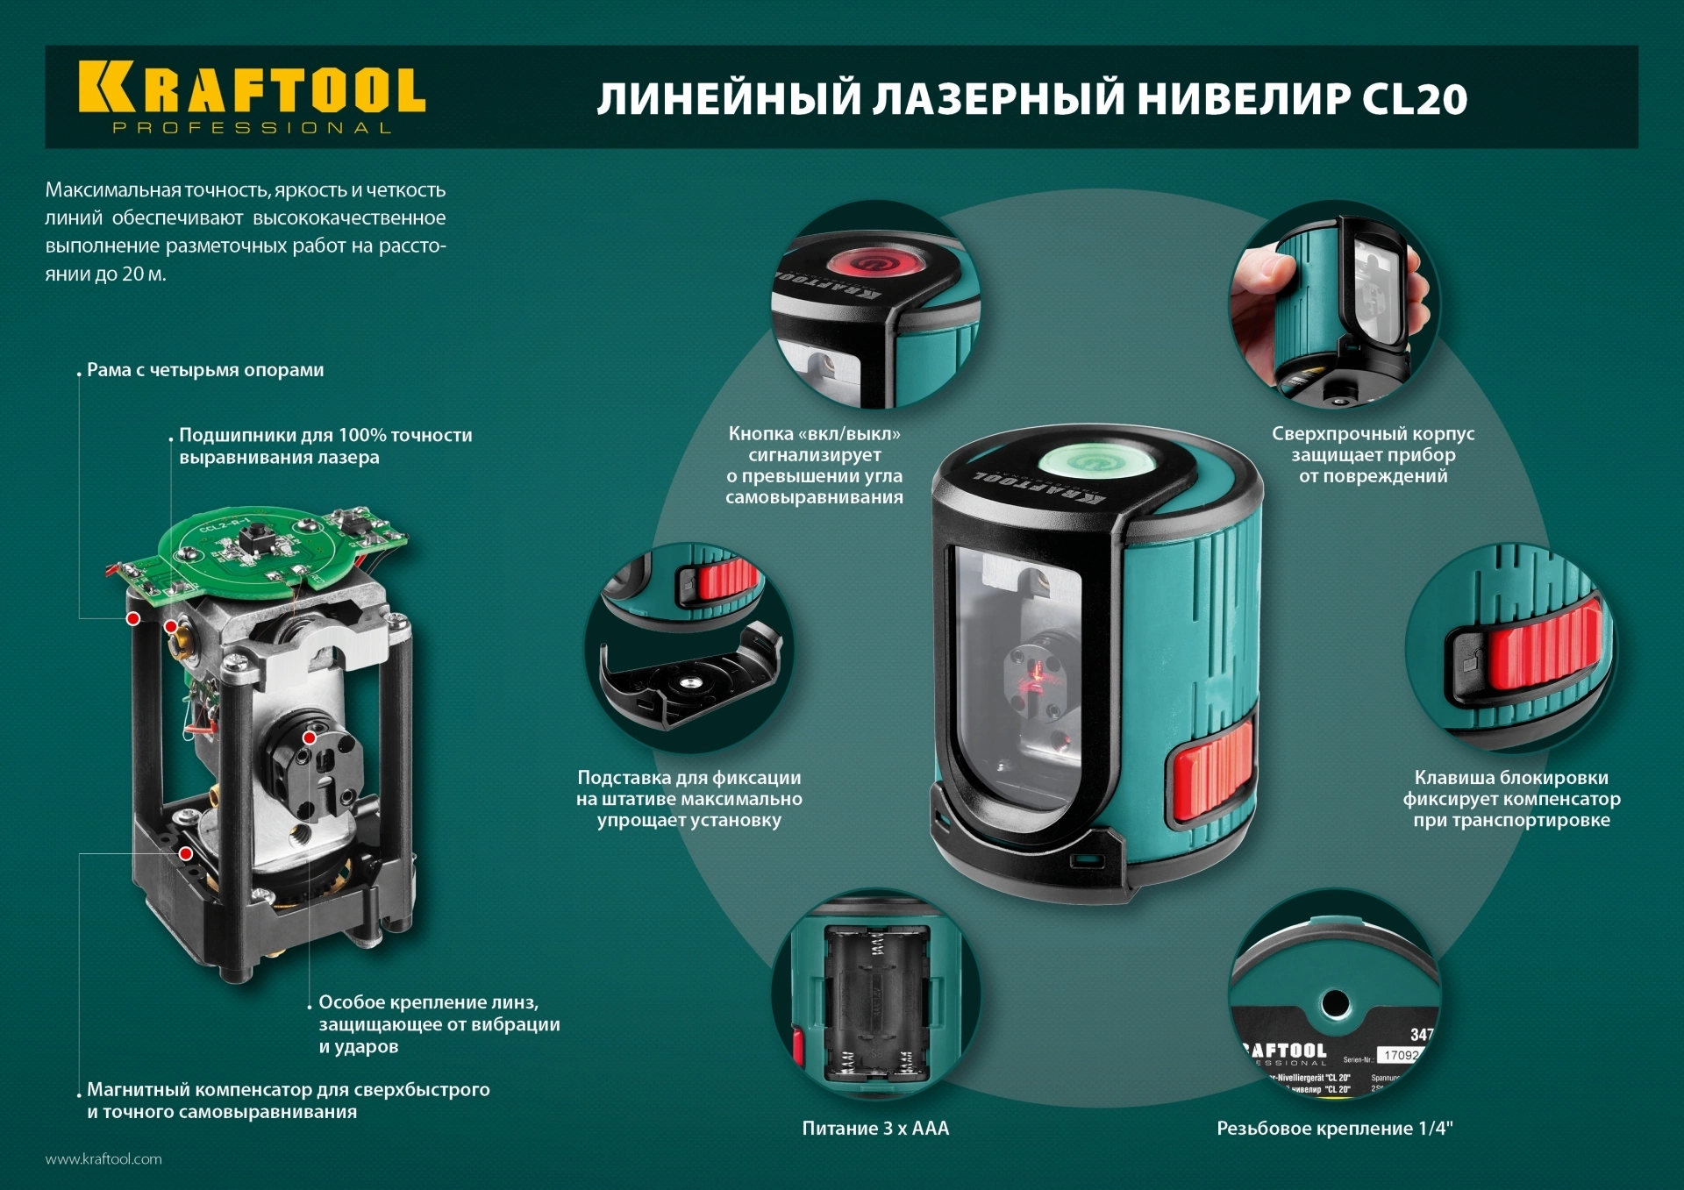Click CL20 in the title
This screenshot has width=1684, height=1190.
tap(1414, 99)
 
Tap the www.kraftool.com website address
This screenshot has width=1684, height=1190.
tap(103, 1158)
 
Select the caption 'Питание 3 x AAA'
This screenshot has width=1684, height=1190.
tap(875, 1129)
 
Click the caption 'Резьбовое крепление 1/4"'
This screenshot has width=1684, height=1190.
tap(1334, 1129)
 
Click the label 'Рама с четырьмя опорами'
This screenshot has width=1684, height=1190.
tap(205, 370)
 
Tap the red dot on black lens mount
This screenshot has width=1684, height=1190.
tap(310, 738)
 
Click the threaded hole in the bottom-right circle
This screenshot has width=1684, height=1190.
tap(1336, 1002)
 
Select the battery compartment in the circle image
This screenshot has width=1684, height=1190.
tap(875, 1004)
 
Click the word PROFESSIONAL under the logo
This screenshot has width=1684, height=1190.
tap(252, 128)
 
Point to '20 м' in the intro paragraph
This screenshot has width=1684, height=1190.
tap(143, 274)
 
